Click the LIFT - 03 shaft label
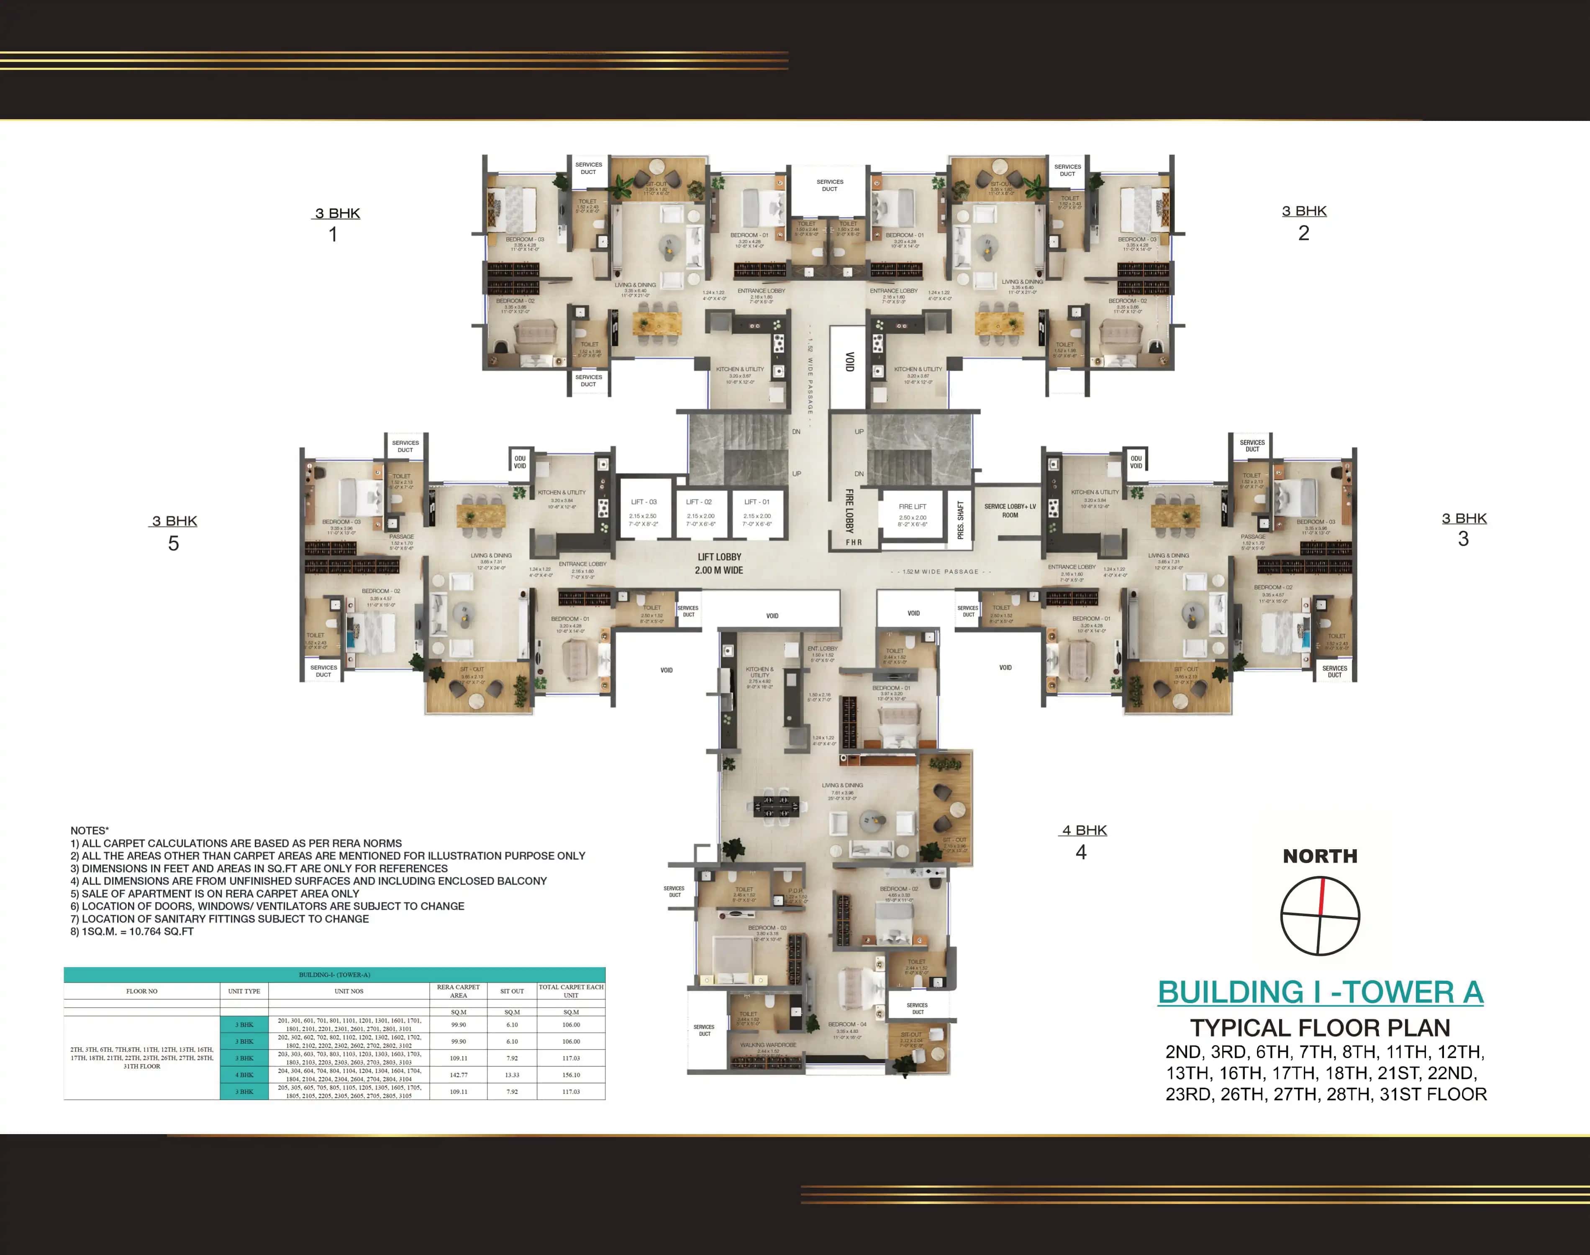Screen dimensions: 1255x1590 point(644,502)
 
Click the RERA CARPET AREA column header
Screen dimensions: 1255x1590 point(459,991)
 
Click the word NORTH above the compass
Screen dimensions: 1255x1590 point(1320,856)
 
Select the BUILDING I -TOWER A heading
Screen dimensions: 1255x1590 point(1321,992)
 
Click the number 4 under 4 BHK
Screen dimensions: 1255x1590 point(1081,852)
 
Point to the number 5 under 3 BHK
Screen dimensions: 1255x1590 point(173,544)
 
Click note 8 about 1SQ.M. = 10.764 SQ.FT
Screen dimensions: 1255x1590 point(132,931)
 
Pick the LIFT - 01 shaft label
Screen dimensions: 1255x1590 point(757,502)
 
